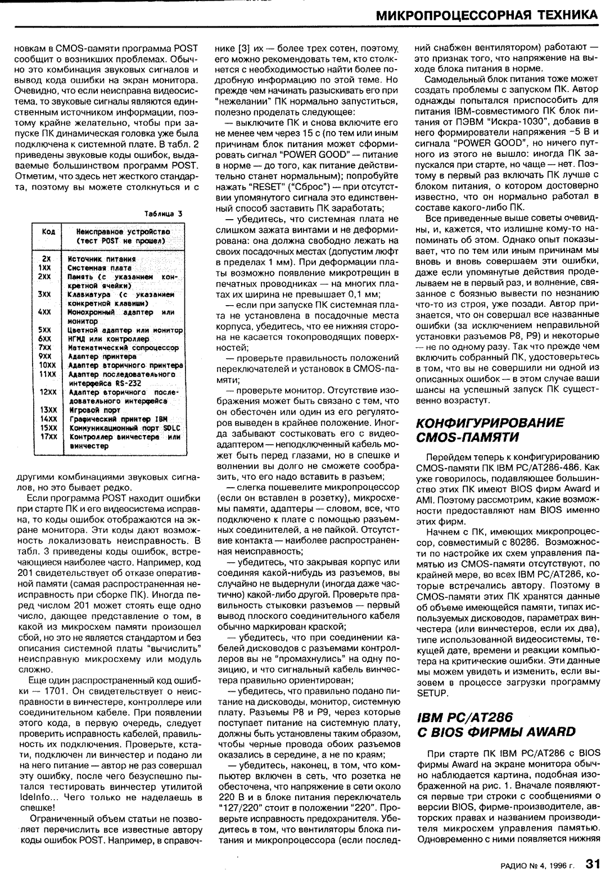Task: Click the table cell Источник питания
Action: tap(102, 259)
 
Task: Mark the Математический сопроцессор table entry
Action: tap(123, 348)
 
